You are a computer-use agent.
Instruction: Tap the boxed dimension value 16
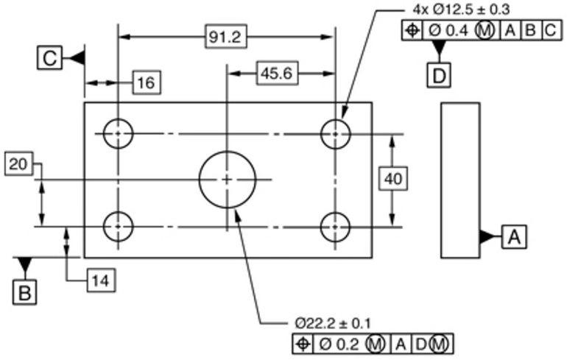146,82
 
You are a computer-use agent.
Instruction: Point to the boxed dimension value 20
18,164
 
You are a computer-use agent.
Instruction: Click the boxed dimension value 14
100,280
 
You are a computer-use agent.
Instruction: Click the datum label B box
24,292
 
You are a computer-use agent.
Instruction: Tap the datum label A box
515,236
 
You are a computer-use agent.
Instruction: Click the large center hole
227,179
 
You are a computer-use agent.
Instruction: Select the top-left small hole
118,134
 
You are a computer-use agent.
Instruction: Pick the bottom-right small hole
335,226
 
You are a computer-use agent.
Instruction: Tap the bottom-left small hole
118,226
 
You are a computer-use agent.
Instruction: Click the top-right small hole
335,134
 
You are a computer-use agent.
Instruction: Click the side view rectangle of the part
460,180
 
